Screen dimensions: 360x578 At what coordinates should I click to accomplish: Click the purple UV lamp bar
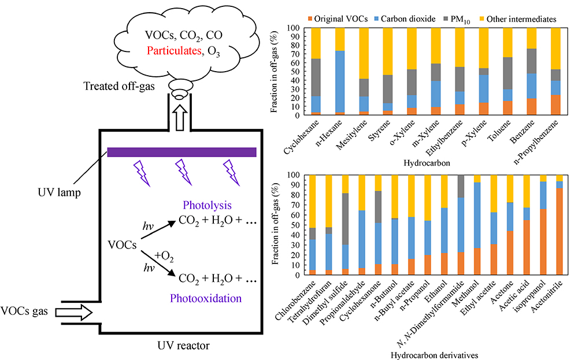click(182, 152)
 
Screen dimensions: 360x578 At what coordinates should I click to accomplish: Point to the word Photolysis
click(206, 205)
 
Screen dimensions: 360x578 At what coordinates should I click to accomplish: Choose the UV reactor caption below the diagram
click(181, 346)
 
